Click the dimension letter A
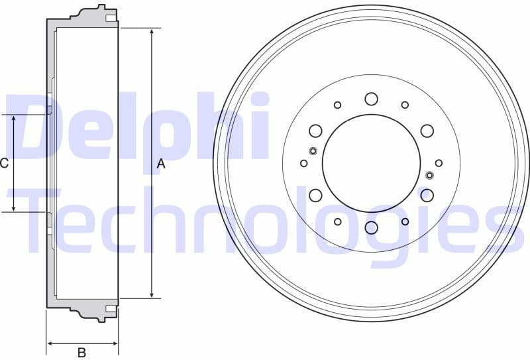[161, 163]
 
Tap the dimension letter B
[82, 353]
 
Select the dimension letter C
[4, 163]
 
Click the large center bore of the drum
[371, 163]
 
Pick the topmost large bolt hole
[371, 99]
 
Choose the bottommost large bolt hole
[371, 228]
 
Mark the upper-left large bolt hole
[315, 131]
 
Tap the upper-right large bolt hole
[427, 131]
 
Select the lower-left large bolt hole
[315, 195]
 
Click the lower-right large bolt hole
[427, 195]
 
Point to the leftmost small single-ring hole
[304, 163]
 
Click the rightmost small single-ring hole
[439, 163]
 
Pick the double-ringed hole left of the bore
[313, 150]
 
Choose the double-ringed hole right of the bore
[429, 176]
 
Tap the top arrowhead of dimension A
[152, 32]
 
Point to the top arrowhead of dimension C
[15, 118]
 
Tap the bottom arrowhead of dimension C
[15, 208]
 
